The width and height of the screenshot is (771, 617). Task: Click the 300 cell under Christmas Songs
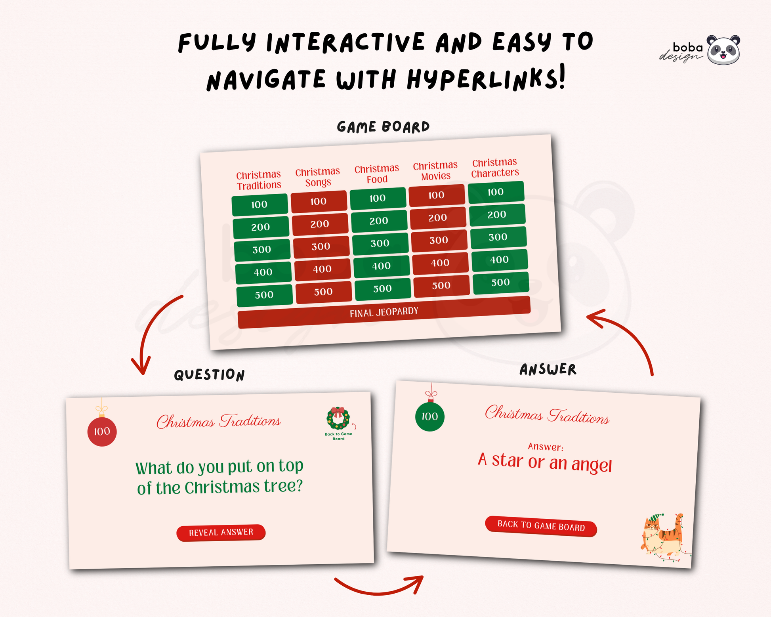(x=321, y=246)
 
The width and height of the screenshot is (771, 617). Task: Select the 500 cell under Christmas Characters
(x=501, y=283)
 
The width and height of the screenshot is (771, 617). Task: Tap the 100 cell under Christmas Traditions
(x=260, y=204)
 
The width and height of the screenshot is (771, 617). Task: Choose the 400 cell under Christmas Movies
(x=440, y=263)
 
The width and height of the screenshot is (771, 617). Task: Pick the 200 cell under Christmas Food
(x=379, y=221)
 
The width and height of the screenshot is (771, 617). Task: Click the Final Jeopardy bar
(x=384, y=312)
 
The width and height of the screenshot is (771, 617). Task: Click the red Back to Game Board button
(x=541, y=526)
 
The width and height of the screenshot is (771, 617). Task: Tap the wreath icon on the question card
(x=338, y=418)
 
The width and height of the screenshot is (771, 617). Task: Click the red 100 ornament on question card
(x=102, y=432)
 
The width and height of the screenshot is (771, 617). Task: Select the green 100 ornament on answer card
(x=430, y=416)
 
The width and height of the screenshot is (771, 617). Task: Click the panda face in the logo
(x=723, y=50)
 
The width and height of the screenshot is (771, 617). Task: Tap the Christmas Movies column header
(x=435, y=171)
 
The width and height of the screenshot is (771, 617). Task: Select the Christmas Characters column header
(x=495, y=168)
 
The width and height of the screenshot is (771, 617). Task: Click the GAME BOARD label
(x=384, y=127)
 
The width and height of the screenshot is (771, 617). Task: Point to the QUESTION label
(x=210, y=375)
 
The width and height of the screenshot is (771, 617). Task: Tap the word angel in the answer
(x=592, y=464)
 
